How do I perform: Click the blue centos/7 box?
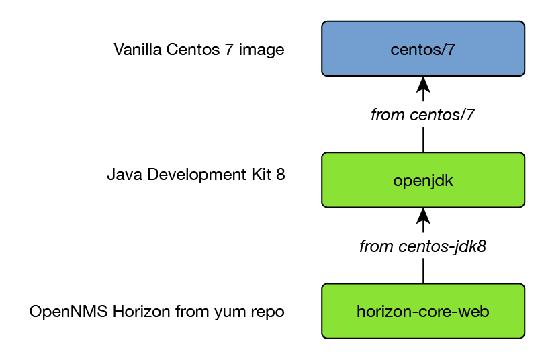pyautogui.click(x=422, y=49)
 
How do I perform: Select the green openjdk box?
pyautogui.click(x=422, y=180)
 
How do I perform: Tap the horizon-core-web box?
pyautogui.click(x=422, y=311)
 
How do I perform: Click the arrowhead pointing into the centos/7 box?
pyautogui.click(x=423, y=85)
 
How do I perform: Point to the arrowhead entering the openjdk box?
pyautogui.click(x=423, y=216)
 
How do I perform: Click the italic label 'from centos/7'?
pyautogui.click(x=422, y=115)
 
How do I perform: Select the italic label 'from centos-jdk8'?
pyautogui.click(x=422, y=246)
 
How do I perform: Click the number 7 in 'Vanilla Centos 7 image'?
pyautogui.click(x=224, y=50)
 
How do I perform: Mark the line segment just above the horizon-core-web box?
pyautogui.click(x=423, y=271)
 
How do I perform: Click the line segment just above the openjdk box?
pyautogui.click(x=423, y=139)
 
